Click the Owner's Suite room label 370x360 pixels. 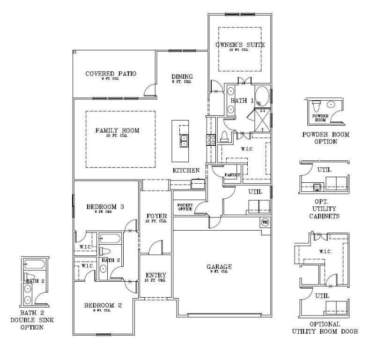(x=240, y=45)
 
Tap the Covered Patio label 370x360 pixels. (x=111, y=74)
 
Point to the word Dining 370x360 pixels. (x=182, y=77)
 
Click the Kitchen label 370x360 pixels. (x=186, y=170)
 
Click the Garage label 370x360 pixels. (x=220, y=267)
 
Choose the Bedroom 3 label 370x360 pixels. (x=105, y=207)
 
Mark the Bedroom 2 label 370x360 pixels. (x=103, y=306)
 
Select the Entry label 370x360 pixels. (x=156, y=275)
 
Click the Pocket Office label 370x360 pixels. (x=185, y=207)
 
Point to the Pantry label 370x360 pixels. (x=232, y=175)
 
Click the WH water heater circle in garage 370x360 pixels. (x=265, y=222)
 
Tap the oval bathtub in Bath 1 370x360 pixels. (x=262, y=97)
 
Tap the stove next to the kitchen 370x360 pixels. (x=211, y=139)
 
